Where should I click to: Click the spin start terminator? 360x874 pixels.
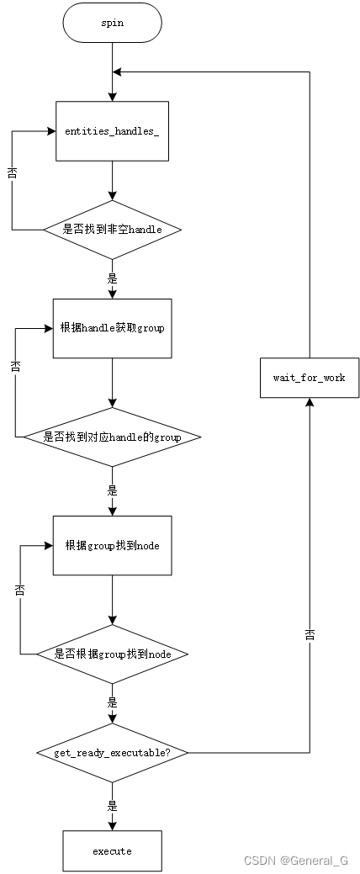(x=112, y=24)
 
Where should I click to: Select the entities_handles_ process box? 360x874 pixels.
(x=112, y=131)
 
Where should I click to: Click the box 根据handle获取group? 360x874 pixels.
(x=112, y=328)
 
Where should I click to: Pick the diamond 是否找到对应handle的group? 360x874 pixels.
(x=112, y=437)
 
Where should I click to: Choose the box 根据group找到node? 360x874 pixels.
(x=112, y=545)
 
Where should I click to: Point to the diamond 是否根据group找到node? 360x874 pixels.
(x=112, y=654)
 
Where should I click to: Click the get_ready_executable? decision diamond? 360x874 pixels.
(x=112, y=753)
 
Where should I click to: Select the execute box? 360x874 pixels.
(x=112, y=850)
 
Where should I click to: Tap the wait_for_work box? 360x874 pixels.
(x=309, y=377)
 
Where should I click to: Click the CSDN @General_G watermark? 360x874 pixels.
(x=295, y=861)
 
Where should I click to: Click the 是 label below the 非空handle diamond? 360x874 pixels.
(x=112, y=277)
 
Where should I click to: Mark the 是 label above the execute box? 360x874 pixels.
(x=112, y=805)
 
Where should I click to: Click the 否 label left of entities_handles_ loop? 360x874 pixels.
(x=12, y=172)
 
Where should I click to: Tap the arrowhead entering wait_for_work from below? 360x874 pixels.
(x=310, y=403)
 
